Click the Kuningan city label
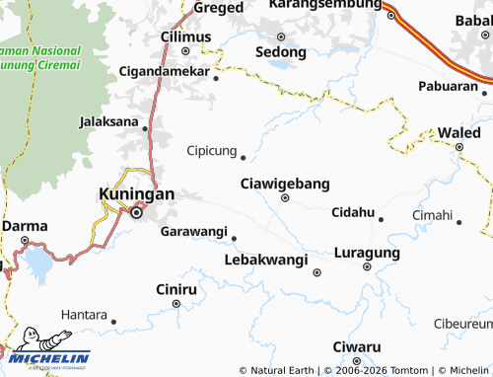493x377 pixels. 137,193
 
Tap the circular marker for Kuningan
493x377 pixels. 138,210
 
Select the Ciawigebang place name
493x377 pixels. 285,184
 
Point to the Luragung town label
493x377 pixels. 367,253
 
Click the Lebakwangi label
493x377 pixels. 266,259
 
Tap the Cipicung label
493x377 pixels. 211,151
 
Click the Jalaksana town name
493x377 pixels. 109,122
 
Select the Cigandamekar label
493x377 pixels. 164,72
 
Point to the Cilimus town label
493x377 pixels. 185,37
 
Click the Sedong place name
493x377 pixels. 280,51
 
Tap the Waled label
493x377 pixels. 459,132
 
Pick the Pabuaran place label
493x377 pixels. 448,86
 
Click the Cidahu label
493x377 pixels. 353,212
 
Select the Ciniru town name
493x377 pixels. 176,289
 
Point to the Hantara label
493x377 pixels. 84,314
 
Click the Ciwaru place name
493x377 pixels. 356,347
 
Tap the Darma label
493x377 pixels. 25,226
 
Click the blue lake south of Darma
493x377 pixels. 37,263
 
